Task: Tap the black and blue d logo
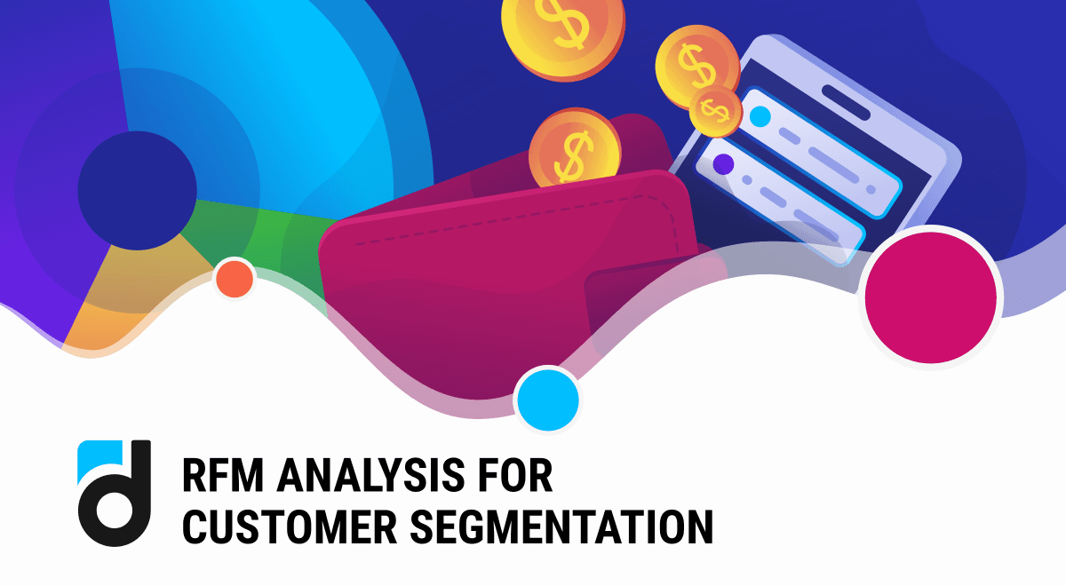pyautogui.click(x=114, y=492)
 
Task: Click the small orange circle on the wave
pyautogui.click(x=235, y=279)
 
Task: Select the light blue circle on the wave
pyautogui.click(x=548, y=400)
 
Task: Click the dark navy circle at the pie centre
pyautogui.click(x=137, y=190)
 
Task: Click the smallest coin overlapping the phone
pyautogui.click(x=716, y=111)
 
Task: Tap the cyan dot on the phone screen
pyautogui.click(x=760, y=116)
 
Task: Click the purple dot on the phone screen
pyautogui.click(x=723, y=164)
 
